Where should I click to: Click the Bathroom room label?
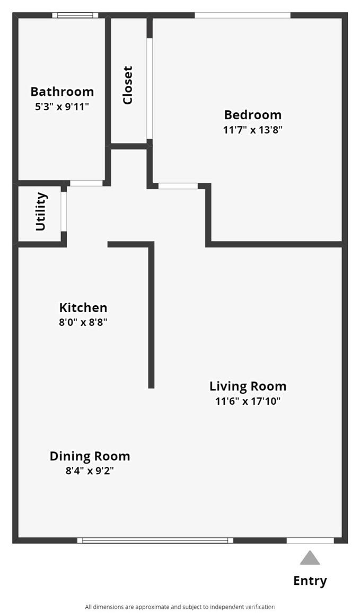(x=62, y=92)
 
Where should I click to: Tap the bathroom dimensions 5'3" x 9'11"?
(x=62, y=106)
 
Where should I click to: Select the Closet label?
(x=128, y=85)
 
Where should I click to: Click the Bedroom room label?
(x=252, y=114)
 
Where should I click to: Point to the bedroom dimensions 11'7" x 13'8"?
(x=252, y=129)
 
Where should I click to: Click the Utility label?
(x=41, y=212)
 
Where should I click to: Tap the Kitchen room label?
(x=83, y=307)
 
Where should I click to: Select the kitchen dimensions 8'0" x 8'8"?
(x=83, y=322)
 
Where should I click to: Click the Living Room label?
(x=248, y=386)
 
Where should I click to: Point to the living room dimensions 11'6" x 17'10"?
(x=248, y=401)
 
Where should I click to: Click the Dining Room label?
(x=90, y=456)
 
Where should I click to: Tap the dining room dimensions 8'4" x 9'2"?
(x=90, y=470)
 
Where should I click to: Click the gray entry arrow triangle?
(x=310, y=558)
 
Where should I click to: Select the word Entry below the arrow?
(x=310, y=581)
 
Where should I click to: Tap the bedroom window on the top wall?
(x=242, y=15)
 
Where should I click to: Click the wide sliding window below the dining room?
(x=155, y=540)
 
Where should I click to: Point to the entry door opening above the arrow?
(x=310, y=540)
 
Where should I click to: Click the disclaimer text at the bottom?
(x=180, y=607)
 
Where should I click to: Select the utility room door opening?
(x=64, y=211)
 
